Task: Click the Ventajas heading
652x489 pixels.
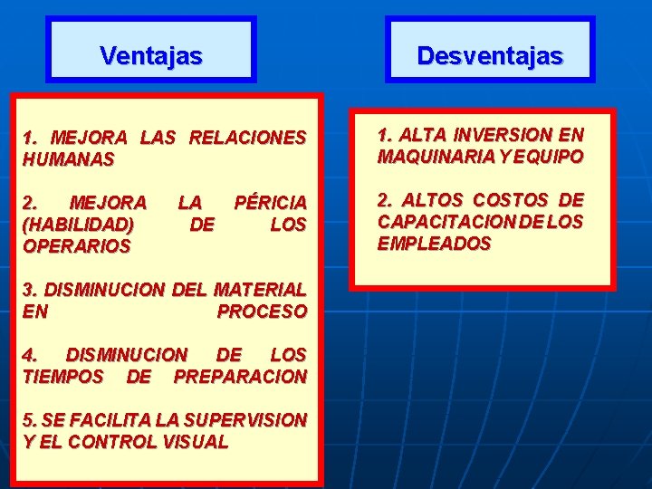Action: (x=151, y=56)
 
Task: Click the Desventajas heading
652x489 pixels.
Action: (x=490, y=56)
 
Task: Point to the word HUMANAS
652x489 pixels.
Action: (x=69, y=159)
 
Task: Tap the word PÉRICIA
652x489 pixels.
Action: (x=270, y=201)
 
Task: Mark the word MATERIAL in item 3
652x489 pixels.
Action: (x=260, y=290)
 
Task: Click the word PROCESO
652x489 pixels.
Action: (x=262, y=312)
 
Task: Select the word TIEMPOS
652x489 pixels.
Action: (x=63, y=377)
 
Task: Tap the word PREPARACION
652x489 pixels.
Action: (x=240, y=377)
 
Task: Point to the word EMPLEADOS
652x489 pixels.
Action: (x=434, y=244)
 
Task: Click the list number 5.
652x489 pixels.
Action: (x=28, y=420)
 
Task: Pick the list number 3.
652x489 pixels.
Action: (x=28, y=290)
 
